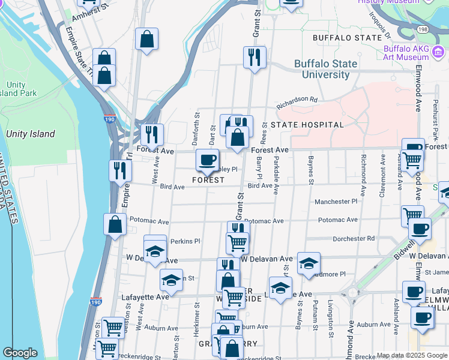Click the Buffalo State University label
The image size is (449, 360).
(325, 69)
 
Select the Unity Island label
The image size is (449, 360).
(31, 134)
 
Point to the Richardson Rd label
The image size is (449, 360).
(297, 103)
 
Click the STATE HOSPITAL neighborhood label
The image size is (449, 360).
(307, 125)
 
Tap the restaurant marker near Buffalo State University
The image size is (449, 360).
(255, 58)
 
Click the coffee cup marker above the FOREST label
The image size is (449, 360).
(208, 160)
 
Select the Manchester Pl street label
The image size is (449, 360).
(336, 202)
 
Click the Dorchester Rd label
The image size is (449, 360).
(353, 238)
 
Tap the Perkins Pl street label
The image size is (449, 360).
(185, 241)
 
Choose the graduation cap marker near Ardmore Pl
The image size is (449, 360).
(309, 263)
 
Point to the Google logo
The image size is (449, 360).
(20, 353)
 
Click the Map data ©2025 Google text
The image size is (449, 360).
(411, 355)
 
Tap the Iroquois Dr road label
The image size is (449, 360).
(379, 23)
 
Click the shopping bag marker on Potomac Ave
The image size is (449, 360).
(115, 224)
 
